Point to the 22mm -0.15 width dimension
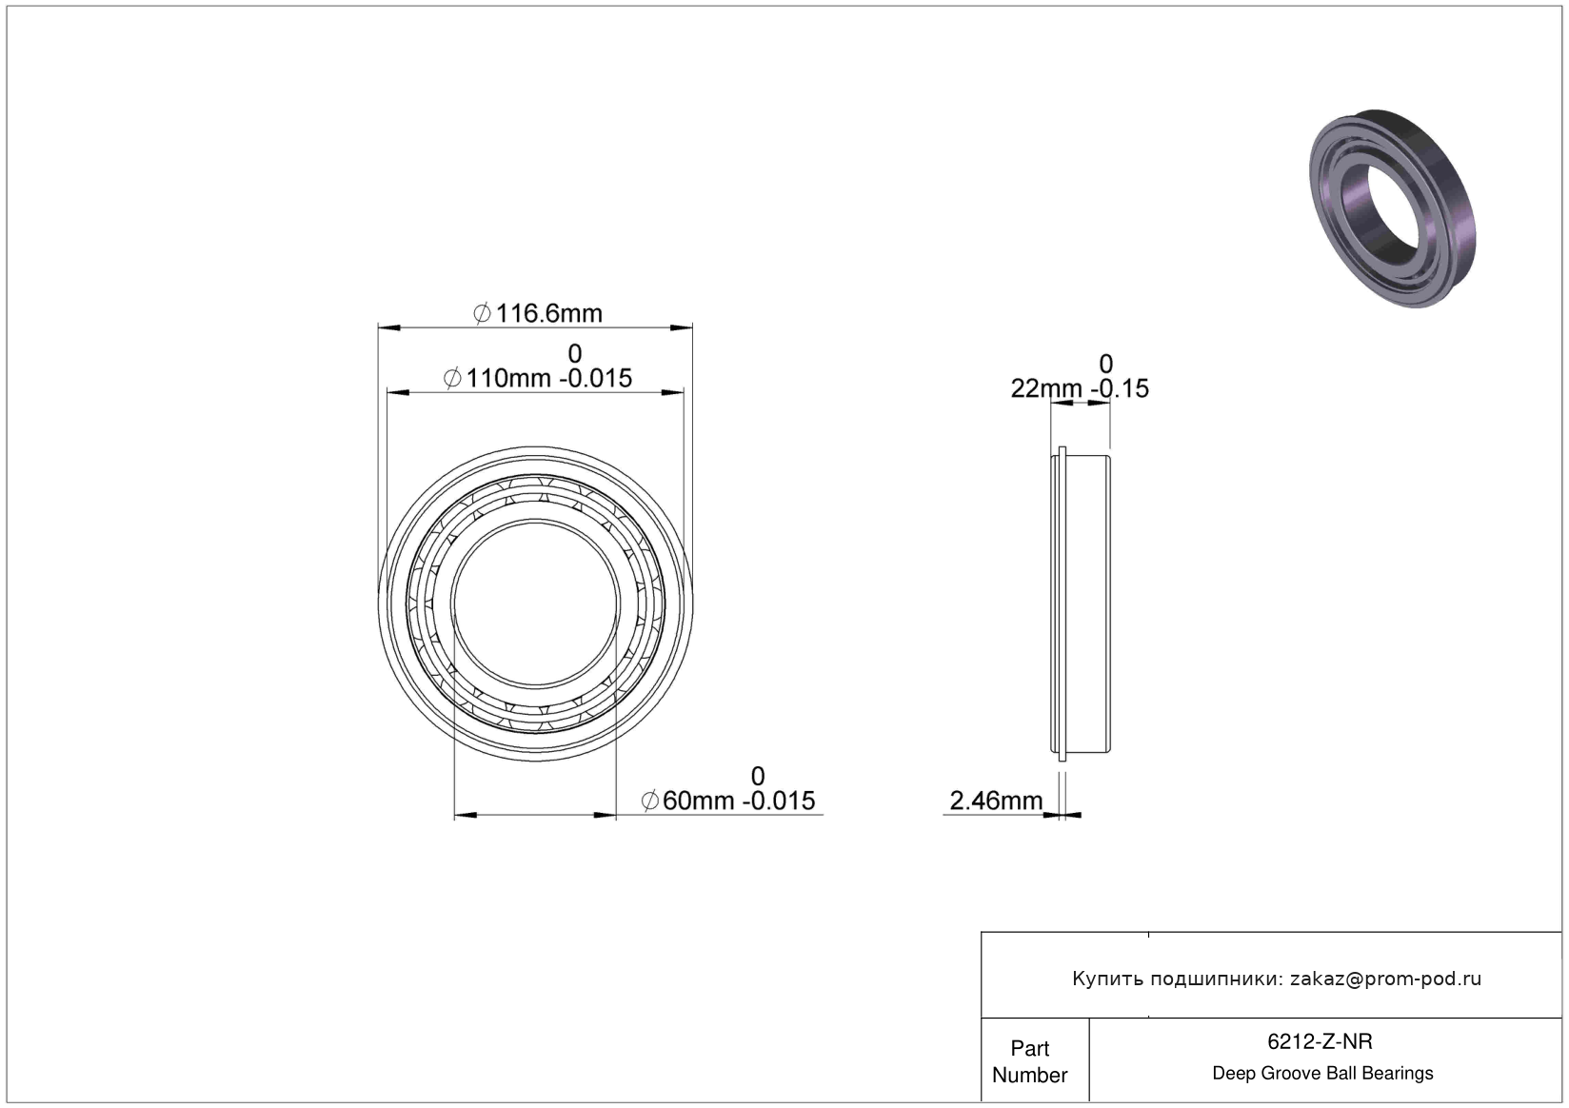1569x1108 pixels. pos(1080,388)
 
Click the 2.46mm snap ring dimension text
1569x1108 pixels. pos(996,801)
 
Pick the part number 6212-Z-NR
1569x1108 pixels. pos(1320,1041)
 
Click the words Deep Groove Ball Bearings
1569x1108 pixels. pos(1322,1073)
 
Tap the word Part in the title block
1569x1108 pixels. pos(1030,1048)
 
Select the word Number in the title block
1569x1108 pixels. pos(1030,1075)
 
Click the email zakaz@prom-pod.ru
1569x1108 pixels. pos(1385,979)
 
